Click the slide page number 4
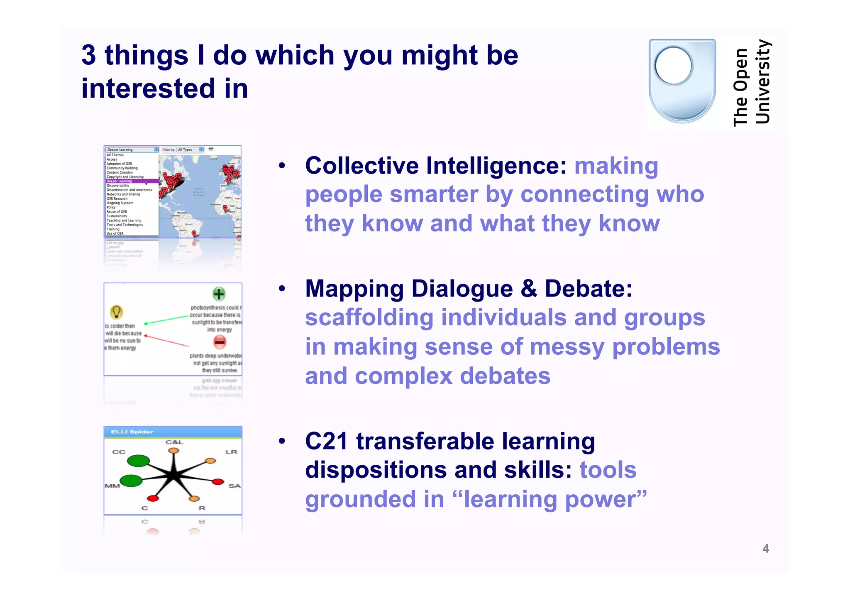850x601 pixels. [765, 549]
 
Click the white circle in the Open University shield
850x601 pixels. [673, 66]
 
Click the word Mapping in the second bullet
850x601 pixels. [354, 289]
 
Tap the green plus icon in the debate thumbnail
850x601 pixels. [219, 294]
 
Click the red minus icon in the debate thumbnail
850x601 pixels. [220, 342]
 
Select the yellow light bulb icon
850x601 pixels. [116, 312]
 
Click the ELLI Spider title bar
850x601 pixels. [173, 432]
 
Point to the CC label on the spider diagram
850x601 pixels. [119, 452]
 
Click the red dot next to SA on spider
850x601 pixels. [218, 482]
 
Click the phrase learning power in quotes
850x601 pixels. [554, 499]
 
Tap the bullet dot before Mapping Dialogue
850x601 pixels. [282, 289]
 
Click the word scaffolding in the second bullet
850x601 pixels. [369, 318]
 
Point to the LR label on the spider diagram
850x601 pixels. [231, 452]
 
